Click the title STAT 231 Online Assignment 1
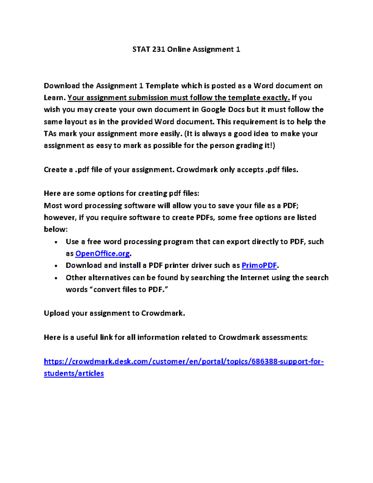coord(186,49)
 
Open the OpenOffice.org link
coord(103,253)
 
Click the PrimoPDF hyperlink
coord(259,265)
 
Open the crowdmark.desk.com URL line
coord(184,361)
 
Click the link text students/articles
coord(74,373)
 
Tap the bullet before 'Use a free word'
coord(56,242)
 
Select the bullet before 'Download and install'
coord(56,266)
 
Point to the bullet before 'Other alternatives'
coord(56,278)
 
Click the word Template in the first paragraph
coord(162,86)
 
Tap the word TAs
coord(50,134)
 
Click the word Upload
coord(57,313)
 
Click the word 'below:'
coord(56,230)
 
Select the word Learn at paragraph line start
coord(54,98)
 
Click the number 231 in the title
coord(159,49)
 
